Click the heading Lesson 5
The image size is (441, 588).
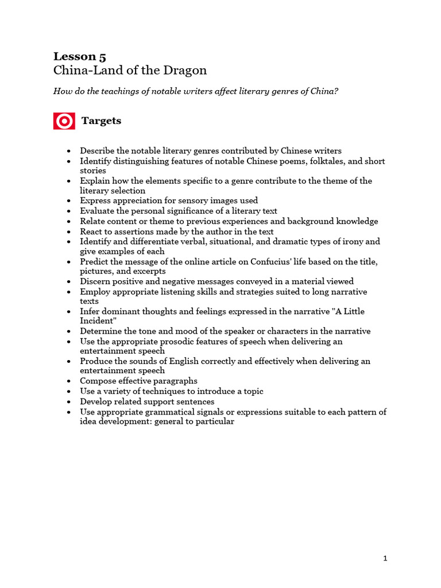(x=80, y=56)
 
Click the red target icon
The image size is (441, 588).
(x=64, y=121)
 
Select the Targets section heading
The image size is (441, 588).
(x=101, y=121)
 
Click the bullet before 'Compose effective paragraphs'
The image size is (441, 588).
(x=69, y=381)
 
